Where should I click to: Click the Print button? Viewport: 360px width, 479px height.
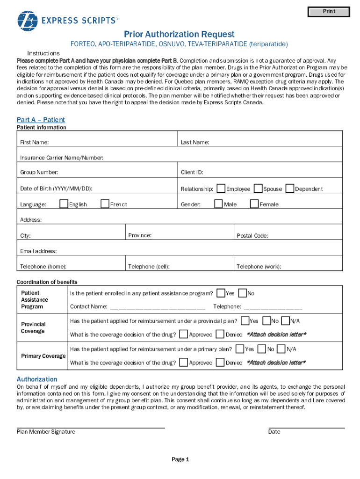pos(329,12)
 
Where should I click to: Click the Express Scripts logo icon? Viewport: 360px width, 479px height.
pos(27,21)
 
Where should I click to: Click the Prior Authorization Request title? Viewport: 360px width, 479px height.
pos(179,34)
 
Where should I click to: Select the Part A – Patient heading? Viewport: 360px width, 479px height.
pos(41,120)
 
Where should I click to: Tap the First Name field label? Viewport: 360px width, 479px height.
pos(34,142)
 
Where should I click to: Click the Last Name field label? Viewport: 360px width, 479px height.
pos(195,142)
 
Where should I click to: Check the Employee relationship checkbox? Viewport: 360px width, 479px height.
pos(221,189)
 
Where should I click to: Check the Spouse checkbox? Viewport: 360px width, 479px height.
pos(258,189)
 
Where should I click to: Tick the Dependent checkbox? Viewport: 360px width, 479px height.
pos(290,189)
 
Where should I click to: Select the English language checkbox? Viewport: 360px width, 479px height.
pos(64,203)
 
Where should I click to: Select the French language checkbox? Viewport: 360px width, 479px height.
pos(105,203)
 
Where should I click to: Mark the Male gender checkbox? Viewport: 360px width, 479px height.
pos(218,203)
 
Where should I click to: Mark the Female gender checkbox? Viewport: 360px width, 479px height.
pos(254,203)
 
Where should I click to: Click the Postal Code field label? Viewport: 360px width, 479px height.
pos(252,236)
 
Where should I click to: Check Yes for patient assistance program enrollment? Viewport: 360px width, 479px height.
pos(221,293)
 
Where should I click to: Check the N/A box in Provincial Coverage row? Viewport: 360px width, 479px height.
pos(285,321)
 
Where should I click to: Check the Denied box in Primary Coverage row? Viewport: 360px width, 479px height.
pos(220,362)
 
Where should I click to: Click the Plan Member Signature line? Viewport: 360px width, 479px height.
pos(91,427)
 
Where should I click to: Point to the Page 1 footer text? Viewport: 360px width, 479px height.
pos(180,459)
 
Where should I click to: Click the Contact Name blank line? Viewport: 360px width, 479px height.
pos(157,308)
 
